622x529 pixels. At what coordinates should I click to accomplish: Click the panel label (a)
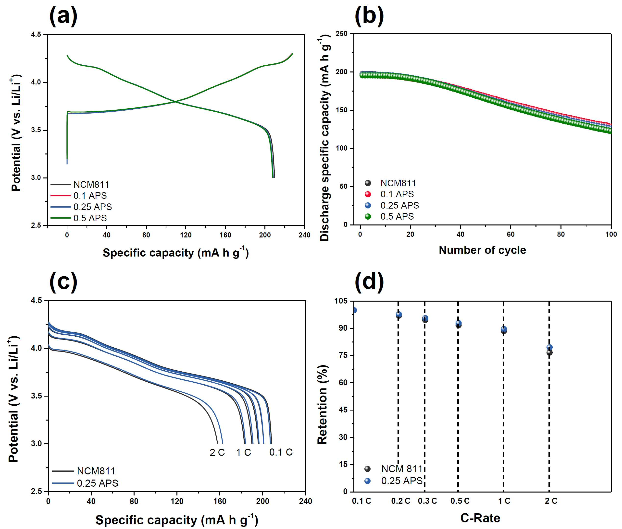[63, 16]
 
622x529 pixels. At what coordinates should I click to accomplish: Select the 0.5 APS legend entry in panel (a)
[79, 218]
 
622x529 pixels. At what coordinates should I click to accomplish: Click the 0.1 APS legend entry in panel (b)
[389, 194]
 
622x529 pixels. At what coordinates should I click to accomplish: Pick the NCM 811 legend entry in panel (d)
[393, 469]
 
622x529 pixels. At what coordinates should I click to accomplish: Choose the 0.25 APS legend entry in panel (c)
[85, 483]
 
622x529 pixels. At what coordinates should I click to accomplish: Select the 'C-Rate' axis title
[480, 518]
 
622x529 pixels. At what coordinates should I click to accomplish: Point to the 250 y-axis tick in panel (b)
[342, 34]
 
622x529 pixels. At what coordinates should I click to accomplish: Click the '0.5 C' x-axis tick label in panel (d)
[460, 501]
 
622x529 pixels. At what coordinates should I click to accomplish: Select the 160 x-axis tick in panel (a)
[225, 235]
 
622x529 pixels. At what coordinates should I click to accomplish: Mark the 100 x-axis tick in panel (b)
[611, 234]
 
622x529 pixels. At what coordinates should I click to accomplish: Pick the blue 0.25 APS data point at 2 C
[549, 347]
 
